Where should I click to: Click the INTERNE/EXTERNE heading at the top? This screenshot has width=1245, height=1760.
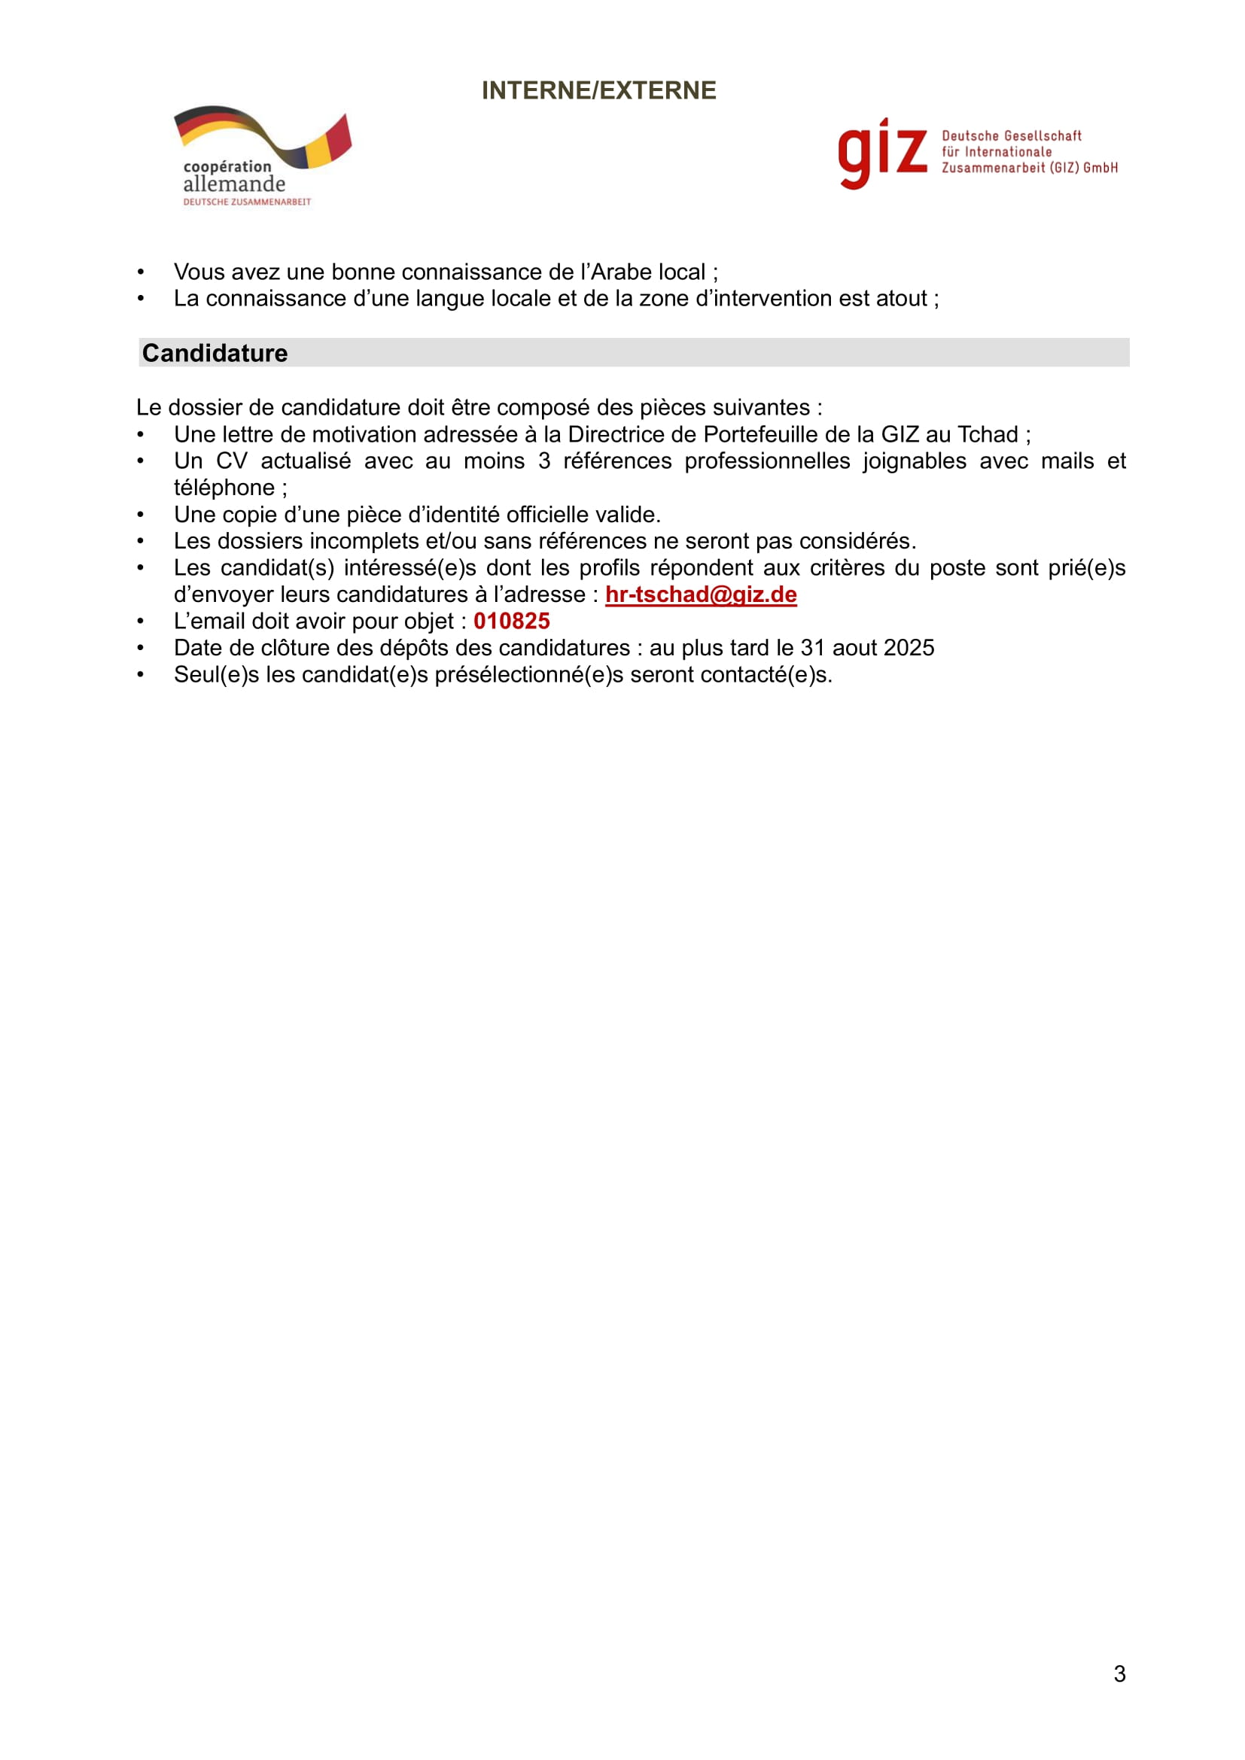[598, 90]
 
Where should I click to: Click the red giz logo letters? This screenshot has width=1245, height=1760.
[881, 154]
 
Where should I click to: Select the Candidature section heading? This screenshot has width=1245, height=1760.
[215, 354]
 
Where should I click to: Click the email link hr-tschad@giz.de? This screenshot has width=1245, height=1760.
[701, 595]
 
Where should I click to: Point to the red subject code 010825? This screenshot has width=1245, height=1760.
[511, 622]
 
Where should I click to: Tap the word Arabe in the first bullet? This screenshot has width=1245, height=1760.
[617, 273]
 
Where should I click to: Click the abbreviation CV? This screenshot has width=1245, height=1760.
[232, 461]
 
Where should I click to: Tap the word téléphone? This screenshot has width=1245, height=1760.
[224, 488]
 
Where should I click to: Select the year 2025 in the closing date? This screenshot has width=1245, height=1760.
[909, 649]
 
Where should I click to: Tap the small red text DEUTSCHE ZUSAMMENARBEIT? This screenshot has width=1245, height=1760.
[247, 202]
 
